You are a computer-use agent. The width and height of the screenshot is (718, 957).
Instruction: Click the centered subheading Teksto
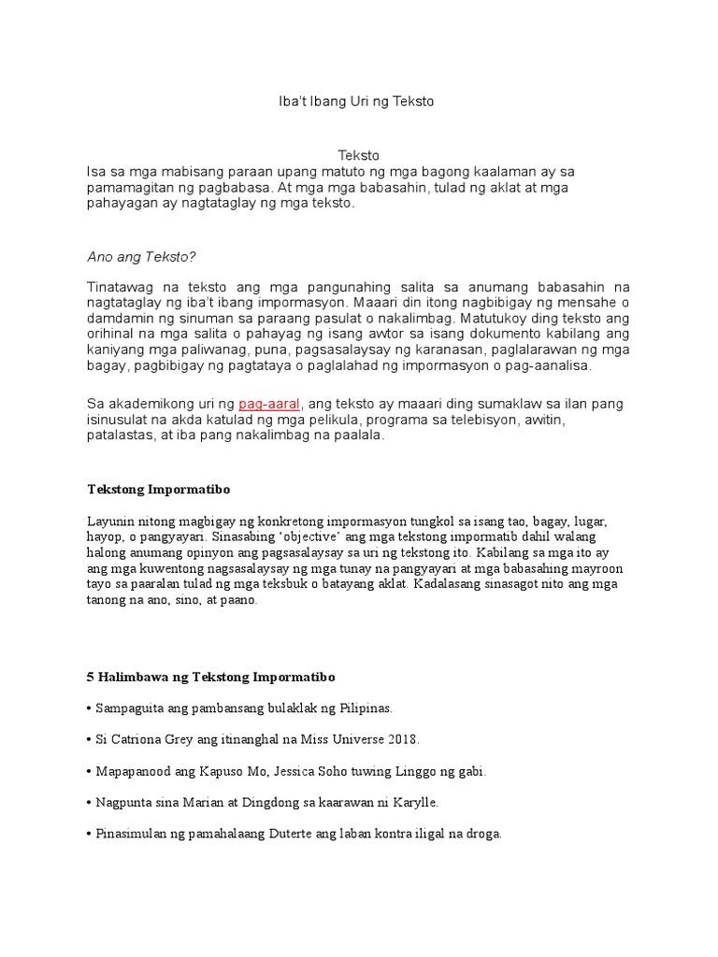[358, 156]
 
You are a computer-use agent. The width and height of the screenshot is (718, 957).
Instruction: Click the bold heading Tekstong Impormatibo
[158, 489]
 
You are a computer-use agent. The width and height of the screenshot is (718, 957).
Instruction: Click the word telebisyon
[479, 421]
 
